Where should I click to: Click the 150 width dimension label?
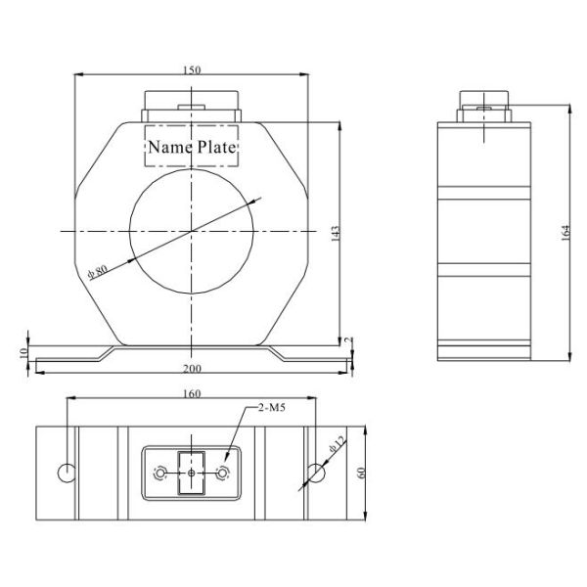pos(192,69)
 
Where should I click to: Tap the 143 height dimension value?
pos(335,233)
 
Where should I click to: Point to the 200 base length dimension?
pos(192,369)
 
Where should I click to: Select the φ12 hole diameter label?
pos(337,446)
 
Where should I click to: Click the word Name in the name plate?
pos(167,148)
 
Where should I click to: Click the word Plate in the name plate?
pos(218,148)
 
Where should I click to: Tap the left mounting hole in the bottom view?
pos(68,474)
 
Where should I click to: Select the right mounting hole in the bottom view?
pos(316,474)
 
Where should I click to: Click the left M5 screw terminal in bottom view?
pos(160,474)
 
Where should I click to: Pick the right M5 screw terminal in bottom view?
pos(223,474)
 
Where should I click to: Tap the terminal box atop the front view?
pos(192,106)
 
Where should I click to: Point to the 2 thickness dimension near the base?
pos(348,340)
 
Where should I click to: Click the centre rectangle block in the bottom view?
pos(192,474)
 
